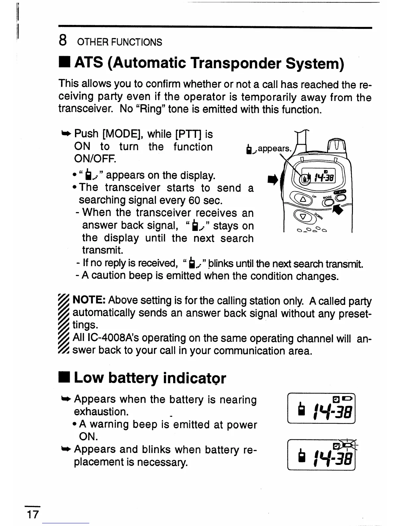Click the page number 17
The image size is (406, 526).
click(x=33, y=515)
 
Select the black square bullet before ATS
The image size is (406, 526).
click(x=65, y=63)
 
